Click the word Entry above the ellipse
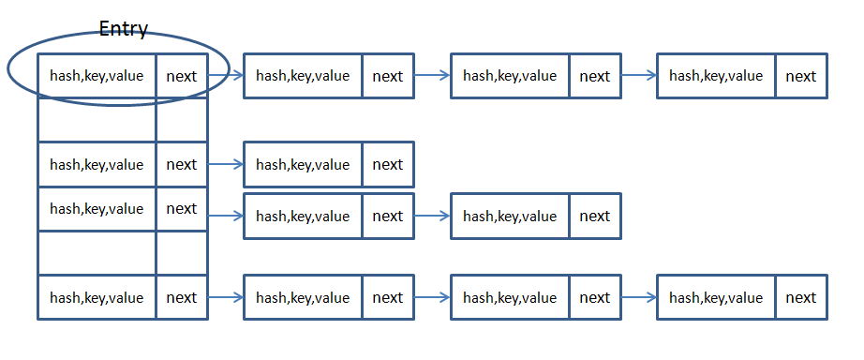point(124,29)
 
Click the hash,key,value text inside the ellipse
point(97,76)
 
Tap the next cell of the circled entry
point(182,76)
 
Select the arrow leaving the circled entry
point(225,76)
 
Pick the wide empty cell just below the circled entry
point(97,120)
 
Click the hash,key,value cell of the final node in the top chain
point(716,76)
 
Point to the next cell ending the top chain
point(801,76)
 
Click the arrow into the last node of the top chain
point(639,76)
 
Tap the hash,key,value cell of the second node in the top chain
point(303,76)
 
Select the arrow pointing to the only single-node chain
point(225,164)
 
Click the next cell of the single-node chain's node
point(388,164)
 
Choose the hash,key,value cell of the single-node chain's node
point(303,164)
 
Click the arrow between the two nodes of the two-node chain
point(432,216)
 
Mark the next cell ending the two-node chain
point(595,217)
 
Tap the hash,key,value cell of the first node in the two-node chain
point(303,217)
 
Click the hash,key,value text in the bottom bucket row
point(97,298)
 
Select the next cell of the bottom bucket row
point(182,297)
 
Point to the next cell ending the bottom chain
point(801,297)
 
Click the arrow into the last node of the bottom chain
point(639,297)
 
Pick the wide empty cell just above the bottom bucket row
point(97,252)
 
